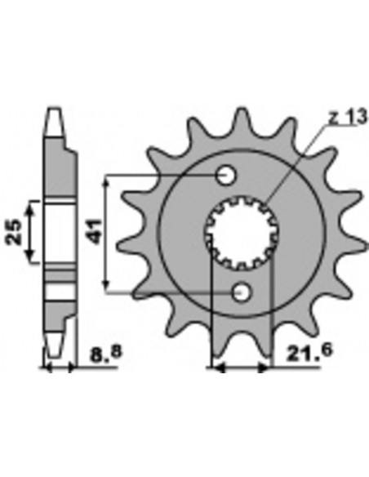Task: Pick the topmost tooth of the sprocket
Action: pos(243,120)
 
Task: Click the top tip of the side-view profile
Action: pos(54,114)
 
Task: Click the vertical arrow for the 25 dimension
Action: pos(33,232)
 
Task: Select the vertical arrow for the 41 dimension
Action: pos(106,232)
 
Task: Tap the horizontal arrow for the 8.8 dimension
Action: pos(60,369)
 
